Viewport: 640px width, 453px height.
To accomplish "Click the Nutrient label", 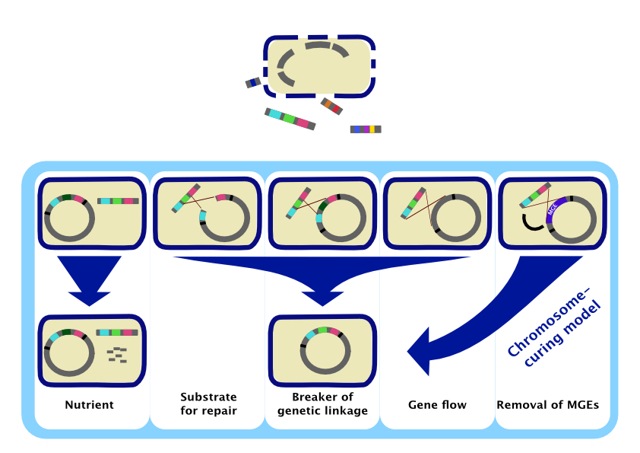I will pyautogui.click(x=89, y=405).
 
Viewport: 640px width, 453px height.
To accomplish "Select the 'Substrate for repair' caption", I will pyautogui.click(x=208, y=404).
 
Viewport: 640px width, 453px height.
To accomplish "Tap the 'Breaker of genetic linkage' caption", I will pyautogui.click(x=322, y=404).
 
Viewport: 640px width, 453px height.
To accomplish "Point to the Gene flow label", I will pyautogui.click(x=437, y=405).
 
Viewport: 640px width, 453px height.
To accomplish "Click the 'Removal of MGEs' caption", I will pyautogui.click(x=547, y=405).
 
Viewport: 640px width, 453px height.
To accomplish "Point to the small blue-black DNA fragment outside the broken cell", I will pyautogui.click(x=253, y=82).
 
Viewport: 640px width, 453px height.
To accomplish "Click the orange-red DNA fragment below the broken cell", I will pyautogui.click(x=331, y=107).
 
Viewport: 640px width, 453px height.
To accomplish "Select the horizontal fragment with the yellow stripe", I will pyautogui.click(x=366, y=129).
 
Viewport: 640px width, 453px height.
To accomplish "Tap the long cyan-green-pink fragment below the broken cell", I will pyautogui.click(x=290, y=118).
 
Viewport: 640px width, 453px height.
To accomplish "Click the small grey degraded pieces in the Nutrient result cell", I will pyautogui.click(x=116, y=354).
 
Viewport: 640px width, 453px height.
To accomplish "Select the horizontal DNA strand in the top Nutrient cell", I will pyautogui.click(x=118, y=201).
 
